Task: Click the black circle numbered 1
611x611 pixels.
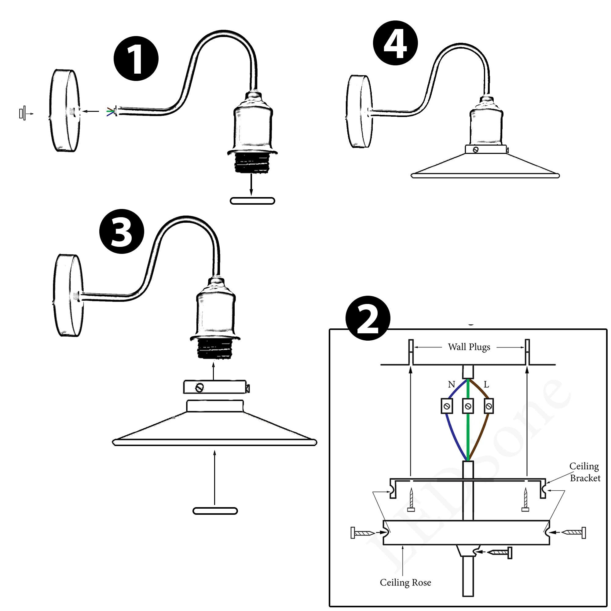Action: (136, 59)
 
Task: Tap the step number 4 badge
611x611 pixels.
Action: (395, 43)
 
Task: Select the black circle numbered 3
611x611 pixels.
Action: (122, 231)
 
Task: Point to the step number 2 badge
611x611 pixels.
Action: (368, 318)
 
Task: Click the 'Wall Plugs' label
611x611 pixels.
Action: (469, 347)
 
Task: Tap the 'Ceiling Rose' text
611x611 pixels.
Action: (405, 583)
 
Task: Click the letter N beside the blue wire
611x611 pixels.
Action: (451, 385)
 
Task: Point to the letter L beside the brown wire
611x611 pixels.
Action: (486, 385)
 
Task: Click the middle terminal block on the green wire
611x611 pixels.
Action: (468, 406)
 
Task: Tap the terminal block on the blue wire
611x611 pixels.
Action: (447, 406)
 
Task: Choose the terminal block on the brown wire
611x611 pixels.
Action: (489, 406)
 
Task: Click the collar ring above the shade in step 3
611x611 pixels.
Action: (215, 387)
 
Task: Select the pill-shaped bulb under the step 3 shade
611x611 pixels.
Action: (215, 511)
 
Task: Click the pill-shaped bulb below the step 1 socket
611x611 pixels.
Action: (252, 201)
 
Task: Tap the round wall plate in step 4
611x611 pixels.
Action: (360, 112)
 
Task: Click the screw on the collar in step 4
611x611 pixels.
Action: (476, 150)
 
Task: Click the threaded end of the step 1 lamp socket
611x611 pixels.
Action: (251, 163)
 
